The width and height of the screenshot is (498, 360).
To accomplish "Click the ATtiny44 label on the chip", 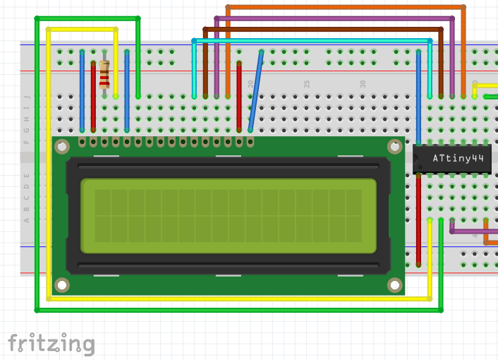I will click(x=458, y=159).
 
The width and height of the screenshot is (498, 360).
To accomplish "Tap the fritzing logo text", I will click(x=51, y=344).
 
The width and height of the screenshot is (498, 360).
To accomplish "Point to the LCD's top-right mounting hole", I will click(x=394, y=146).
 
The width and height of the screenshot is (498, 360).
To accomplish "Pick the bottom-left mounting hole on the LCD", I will click(x=62, y=285).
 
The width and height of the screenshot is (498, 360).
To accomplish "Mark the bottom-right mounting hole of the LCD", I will click(x=394, y=285).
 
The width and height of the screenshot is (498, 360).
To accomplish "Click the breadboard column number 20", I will click(x=250, y=83).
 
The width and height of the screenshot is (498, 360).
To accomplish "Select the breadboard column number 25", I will click(x=307, y=83).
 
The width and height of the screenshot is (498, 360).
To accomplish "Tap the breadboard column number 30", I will click(x=363, y=83).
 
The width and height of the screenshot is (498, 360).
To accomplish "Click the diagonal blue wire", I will click(x=256, y=92).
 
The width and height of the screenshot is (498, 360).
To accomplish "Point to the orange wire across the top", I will click(x=346, y=7).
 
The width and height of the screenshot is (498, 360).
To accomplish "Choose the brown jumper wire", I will click(x=324, y=30).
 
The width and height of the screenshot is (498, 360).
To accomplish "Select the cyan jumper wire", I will click(x=310, y=41).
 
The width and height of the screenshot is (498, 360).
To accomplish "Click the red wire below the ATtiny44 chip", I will click(x=419, y=219).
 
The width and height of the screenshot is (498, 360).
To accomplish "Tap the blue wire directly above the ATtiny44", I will click(x=419, y=99).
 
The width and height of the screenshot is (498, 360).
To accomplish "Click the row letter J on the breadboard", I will click(x=28, y=97).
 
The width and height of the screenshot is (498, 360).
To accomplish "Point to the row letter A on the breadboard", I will click(x=28, y=220).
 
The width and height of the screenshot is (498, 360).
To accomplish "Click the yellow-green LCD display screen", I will click(x=228, y=215).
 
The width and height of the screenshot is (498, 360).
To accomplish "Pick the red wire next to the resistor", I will click(x=93, y=92).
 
